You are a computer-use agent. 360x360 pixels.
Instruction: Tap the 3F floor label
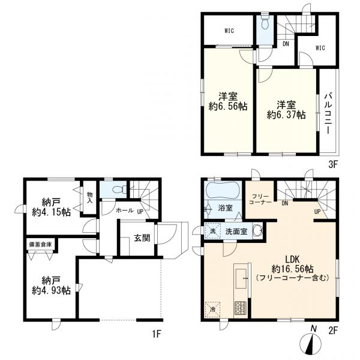point(332,164)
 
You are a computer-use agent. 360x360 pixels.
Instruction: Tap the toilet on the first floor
point(119,190)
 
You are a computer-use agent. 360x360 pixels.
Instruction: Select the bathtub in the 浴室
point(223,190)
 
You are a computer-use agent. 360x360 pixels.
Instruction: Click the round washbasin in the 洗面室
point(258,230)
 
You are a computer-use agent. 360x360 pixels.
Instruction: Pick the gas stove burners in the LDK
point(240,308)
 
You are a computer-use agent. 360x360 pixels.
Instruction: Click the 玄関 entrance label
point(142,238)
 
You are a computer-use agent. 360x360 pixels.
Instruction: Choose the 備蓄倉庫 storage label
point(40,245)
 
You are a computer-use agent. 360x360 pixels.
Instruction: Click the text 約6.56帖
point(228,107)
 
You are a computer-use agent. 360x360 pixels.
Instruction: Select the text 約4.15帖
point(51,212)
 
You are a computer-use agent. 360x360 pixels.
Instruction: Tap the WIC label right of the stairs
point(320,48)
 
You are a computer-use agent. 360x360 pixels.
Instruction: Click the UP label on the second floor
point(317,212)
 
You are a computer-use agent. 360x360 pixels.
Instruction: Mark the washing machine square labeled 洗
point(213,231)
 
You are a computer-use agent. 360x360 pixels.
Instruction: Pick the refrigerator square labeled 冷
point(213,310)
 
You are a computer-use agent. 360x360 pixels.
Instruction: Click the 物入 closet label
point(90,198)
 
